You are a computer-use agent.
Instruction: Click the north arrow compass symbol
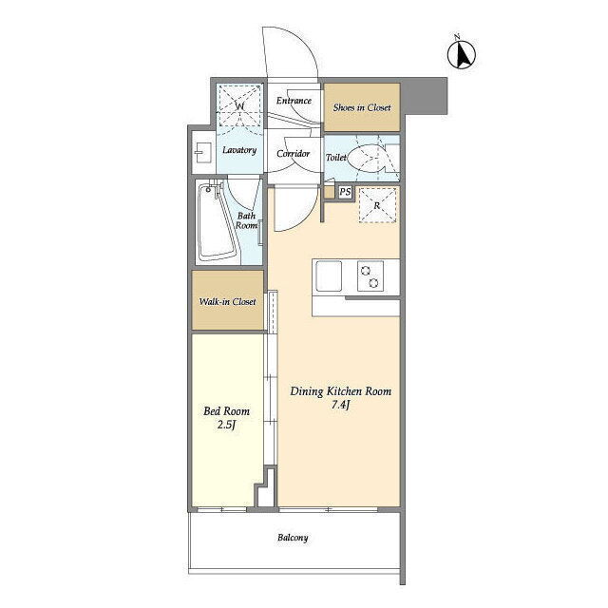462,53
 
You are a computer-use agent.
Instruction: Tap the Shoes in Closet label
362,107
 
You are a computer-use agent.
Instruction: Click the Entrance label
294,101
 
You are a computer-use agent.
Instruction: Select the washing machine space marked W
240,105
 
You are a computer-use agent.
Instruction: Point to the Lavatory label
239,150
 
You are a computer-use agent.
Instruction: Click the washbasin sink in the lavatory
203,152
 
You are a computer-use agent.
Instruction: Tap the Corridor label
294,154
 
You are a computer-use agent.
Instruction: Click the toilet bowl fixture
366,158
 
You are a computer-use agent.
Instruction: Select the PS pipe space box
345,192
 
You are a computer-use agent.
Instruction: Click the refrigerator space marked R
378,205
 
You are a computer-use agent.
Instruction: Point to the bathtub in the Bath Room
217,222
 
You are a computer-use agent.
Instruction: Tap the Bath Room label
247,220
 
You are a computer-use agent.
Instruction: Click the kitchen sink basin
329,275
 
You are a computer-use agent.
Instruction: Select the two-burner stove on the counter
370,276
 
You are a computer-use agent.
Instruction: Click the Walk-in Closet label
228,301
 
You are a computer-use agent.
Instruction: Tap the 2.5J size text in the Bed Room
226,425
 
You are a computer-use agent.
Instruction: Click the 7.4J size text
340,405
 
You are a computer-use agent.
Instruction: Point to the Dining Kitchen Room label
340,391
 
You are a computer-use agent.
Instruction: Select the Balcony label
293,538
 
